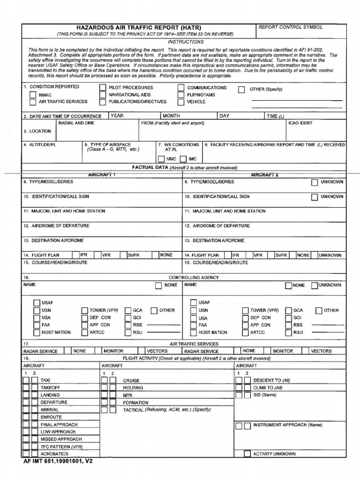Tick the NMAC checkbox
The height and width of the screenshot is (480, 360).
33,95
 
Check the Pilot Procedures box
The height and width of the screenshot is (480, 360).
102,88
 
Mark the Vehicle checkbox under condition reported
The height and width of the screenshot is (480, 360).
180,102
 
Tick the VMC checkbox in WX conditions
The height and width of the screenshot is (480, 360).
161,159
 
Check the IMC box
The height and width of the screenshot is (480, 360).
183,159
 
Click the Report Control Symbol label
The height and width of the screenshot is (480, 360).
291,28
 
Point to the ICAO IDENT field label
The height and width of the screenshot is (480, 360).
300,123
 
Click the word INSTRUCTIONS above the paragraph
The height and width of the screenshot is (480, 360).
186,42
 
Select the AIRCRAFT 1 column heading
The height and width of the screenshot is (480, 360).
102,174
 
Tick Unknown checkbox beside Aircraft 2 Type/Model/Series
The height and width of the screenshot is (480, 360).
315,182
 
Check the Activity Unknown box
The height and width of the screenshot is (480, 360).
247,454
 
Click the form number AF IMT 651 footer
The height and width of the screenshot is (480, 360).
58,461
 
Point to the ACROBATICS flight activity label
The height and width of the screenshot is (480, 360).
54,454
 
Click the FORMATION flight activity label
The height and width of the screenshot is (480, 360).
135,403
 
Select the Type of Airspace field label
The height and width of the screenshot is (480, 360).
111,145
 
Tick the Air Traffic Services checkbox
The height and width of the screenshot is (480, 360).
33,102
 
